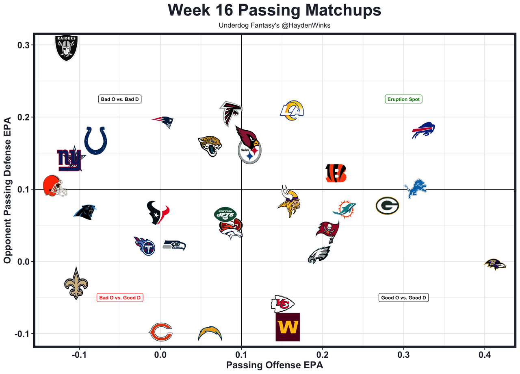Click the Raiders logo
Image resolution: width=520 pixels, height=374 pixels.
[x=66, y=48]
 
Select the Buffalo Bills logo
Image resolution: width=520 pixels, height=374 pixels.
[x=423, y=131]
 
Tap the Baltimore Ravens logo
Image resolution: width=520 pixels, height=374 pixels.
[x=495, y=265]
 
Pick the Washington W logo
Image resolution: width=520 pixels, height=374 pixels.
[x=288, y=327]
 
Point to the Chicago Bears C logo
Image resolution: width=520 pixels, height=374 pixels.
[x=161, y=332]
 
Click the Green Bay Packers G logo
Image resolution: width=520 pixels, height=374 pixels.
[x=387, y=206]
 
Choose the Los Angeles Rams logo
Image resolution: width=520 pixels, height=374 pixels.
[x=292, y=111]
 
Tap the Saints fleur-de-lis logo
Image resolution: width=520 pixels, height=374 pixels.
[x=76, y=284]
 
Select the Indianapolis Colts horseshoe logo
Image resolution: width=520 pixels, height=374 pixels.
[x=96, y=140]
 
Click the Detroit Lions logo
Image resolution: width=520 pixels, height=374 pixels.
[x=416, y=188]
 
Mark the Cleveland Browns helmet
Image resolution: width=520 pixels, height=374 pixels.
[x=54, y=186]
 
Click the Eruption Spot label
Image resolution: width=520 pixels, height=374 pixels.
[x=403, y=99]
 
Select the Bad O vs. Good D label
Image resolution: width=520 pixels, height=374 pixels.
[x=120, y=297]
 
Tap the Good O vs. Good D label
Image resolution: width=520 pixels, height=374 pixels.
[x=403, y=297]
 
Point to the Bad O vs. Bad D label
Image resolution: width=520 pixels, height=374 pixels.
[x=120, y=99]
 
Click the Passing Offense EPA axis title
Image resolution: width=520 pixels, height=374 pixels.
[x=274, y=365]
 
